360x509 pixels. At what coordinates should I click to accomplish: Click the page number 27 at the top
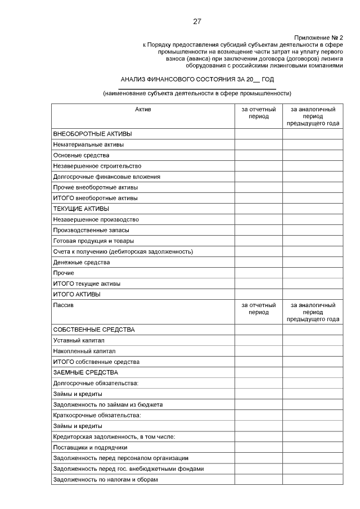click(x=197, y=21)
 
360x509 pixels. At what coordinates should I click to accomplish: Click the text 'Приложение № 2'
click(x=318, y=37)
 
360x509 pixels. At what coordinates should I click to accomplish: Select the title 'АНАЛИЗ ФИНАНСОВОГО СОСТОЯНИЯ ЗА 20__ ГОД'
click(x=197, y=79)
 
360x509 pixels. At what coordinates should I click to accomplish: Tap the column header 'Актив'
click(x=143, y=109)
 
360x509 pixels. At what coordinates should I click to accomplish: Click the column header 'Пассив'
click(x=63, y=305)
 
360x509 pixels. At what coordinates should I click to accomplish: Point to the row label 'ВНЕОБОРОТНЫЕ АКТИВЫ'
click(x=92, y=134)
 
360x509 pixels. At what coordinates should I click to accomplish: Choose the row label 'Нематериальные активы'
click(x=88, y=145)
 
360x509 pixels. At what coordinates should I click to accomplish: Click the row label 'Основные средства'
click(x=81, y=155)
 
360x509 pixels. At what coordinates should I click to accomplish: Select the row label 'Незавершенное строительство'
click(x=97, y=166)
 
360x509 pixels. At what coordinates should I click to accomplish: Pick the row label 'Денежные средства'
click(x=81, y=262)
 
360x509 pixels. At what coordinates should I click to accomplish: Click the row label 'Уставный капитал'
click(x=79, y=340)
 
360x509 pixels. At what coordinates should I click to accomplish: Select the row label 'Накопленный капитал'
click(x=84, y=351)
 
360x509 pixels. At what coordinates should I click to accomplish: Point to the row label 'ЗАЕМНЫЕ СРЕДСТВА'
click(x=85, y=372)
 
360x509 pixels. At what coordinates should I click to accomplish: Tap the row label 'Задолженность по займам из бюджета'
click(x=107, y=404)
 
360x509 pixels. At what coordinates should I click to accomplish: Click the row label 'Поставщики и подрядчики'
click(x=89, y=448)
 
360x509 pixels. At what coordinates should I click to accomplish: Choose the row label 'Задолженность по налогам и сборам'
click(x=105, y=480)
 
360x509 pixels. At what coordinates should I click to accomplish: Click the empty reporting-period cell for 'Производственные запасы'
click(x=258, y=230)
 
